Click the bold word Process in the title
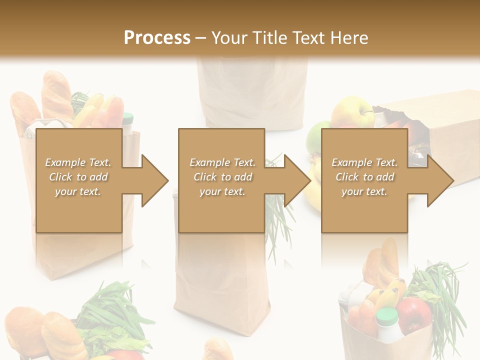(x=157, y=37)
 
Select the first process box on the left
(x=79, y=180)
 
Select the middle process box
(x=221, y=180)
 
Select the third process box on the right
(x=364, y=180)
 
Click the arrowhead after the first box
(x=153, y=180)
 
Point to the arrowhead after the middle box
(x=296, y=180)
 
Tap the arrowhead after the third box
(x=439, y=180)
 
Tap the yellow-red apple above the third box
(x=352, y=112)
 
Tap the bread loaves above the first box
(x=42, y=102)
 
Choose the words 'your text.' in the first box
(x=78, y=191)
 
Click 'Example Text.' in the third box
(x=364, y=162)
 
